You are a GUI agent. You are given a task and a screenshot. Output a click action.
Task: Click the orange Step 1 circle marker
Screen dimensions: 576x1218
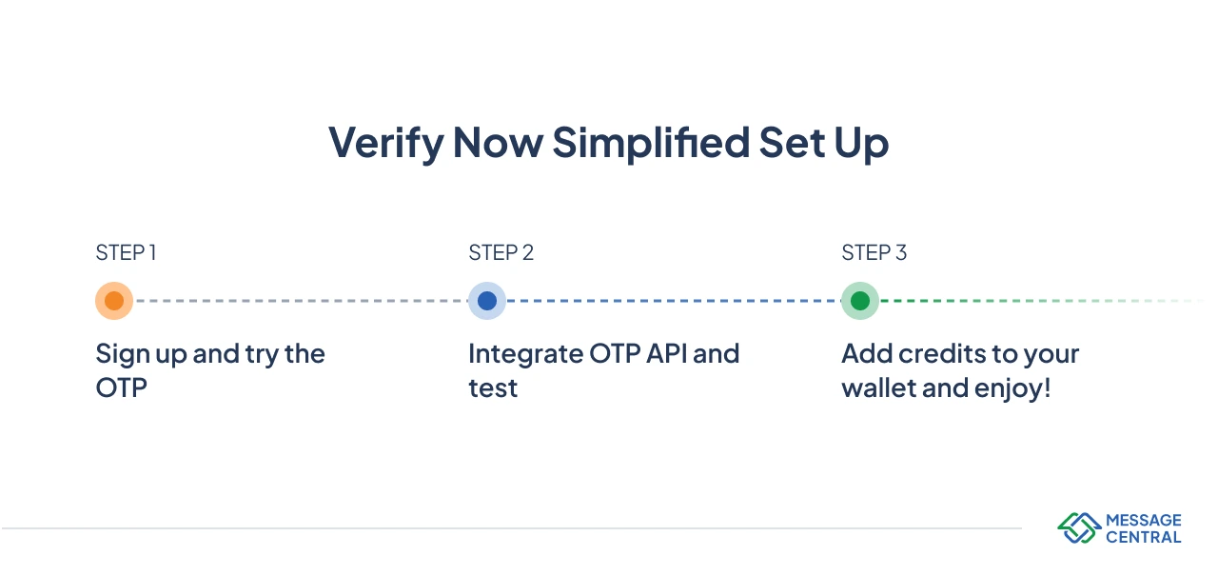[x=114, y=301]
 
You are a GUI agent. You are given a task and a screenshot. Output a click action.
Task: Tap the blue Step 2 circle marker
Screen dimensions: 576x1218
[x=487, y=301]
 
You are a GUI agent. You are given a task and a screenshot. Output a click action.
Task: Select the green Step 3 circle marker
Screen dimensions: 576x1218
[x=860, y=301]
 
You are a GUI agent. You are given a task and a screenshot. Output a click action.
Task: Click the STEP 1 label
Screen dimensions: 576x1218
[x=126, y=253]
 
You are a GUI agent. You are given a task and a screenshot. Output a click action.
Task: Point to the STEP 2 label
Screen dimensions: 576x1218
[x=501, y=253]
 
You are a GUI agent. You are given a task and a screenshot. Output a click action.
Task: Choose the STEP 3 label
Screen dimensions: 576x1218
[x=874, y=253]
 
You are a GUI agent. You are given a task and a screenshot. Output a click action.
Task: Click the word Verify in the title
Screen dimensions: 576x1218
[x=385, y=144]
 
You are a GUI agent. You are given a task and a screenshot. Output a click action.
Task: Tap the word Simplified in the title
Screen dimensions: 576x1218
[x=651, y=144]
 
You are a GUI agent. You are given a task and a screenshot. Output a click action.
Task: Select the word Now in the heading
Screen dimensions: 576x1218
[x=497, y=144]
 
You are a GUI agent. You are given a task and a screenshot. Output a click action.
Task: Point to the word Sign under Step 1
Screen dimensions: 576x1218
[x=123, y=355]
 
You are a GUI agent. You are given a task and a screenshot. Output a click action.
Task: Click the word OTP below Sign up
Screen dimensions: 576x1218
[x=122, y=388]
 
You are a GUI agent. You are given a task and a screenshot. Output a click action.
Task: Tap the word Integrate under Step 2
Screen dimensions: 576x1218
[x=526, y=354]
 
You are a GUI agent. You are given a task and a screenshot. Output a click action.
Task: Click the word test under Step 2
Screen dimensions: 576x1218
[x=493, y=388]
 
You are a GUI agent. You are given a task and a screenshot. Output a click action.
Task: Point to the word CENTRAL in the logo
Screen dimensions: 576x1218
[x=1143, y=537]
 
